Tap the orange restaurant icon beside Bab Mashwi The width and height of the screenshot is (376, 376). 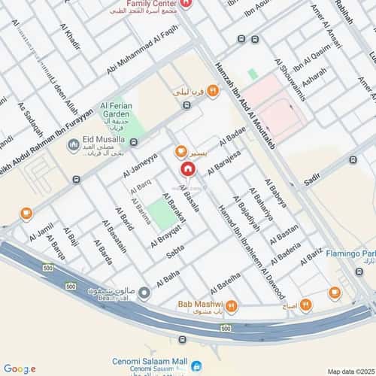(232, 306)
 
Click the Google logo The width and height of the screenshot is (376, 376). (19, 368)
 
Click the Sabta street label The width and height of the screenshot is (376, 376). (174, 254)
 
